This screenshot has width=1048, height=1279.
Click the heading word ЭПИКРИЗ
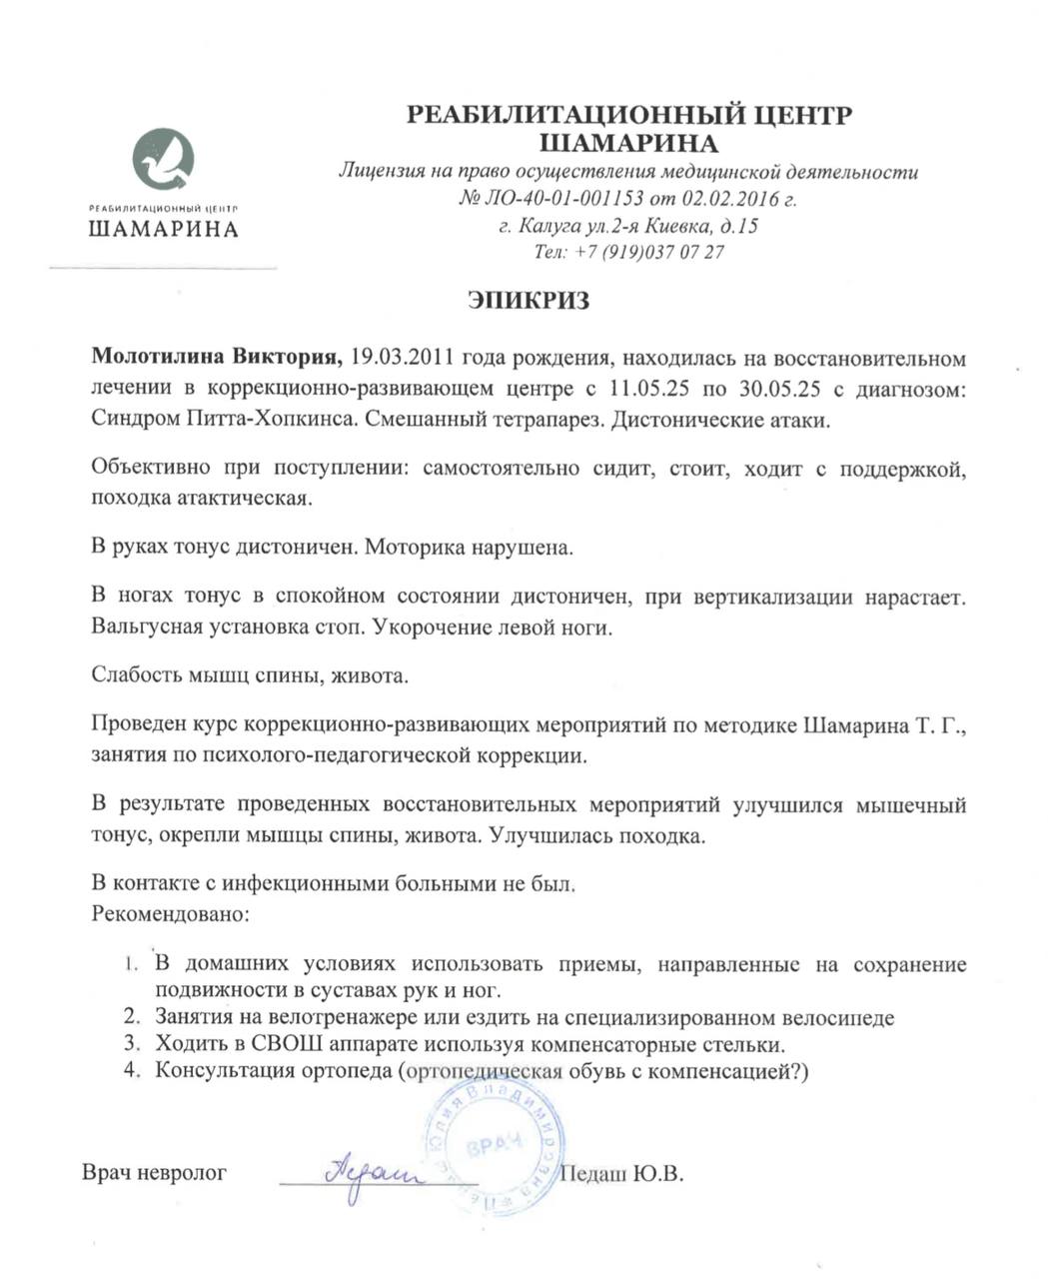528,300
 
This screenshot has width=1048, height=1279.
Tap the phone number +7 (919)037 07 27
650,253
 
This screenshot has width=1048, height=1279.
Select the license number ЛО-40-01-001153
565,199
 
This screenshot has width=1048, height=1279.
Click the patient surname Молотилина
159,358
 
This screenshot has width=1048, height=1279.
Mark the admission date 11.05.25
641,389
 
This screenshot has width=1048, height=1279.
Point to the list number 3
130,1045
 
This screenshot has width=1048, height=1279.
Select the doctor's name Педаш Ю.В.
623,1173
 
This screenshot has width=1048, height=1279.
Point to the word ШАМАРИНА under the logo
163,230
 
